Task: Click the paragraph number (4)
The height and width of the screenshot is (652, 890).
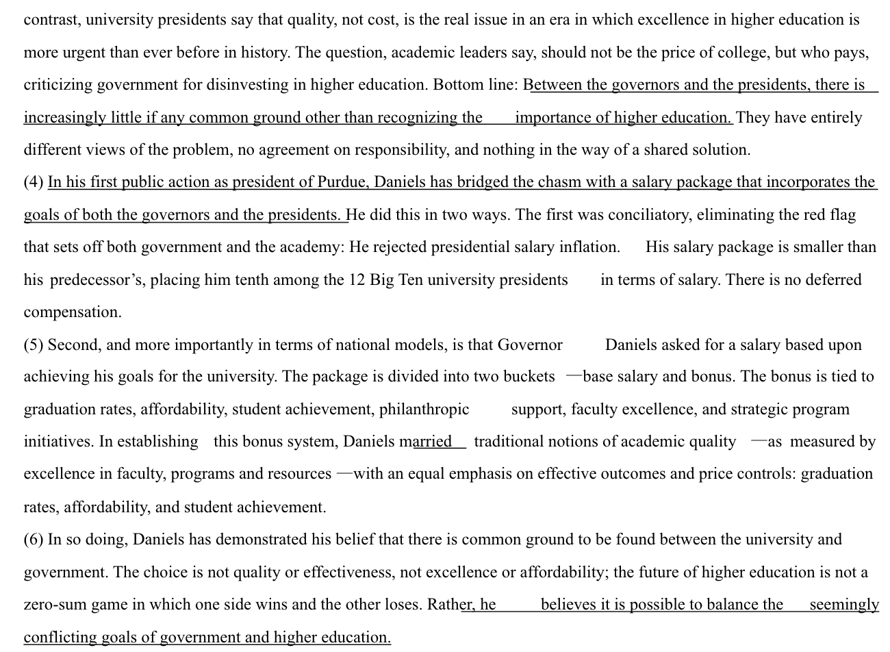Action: (34, 182)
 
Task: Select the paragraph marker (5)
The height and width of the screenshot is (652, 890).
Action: (34, 344)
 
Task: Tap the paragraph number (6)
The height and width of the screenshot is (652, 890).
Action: (34, 540)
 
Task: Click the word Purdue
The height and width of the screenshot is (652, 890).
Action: (342, 182)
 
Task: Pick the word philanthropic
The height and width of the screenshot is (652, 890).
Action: (424, 410)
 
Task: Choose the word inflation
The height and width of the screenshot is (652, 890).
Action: (589, 247)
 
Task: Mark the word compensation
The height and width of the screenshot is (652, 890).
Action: (73, 312)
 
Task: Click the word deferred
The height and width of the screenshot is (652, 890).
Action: (832, 280)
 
